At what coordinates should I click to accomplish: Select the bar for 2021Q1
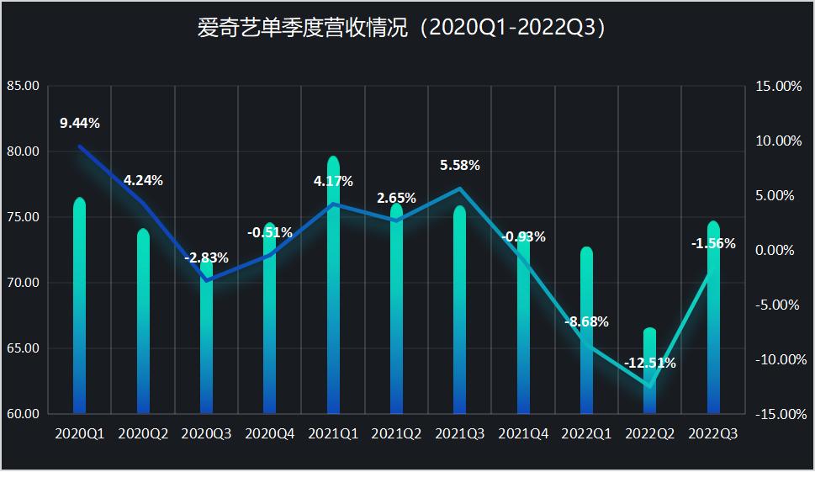[x=333, y=286]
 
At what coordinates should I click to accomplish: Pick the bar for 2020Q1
[x=80, y=307]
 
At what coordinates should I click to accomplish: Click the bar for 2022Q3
[x=713, y=320]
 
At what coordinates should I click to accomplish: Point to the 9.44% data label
[x=80, y=124]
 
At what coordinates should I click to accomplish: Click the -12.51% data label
[x=650, y=364]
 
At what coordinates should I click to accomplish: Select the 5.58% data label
[x=460, y=166]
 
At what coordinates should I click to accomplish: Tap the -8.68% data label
[x=587, y=321]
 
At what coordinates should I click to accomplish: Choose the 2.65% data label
[x=396, y=199]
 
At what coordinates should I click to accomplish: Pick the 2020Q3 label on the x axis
[x=206, y=434]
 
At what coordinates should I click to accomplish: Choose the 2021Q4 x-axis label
[x=523, y=434]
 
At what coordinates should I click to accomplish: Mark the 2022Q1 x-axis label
[x=587, y=434]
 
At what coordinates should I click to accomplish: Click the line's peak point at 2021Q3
[x=460, y=188]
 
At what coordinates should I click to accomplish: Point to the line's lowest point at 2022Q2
[x=650, y=386]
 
